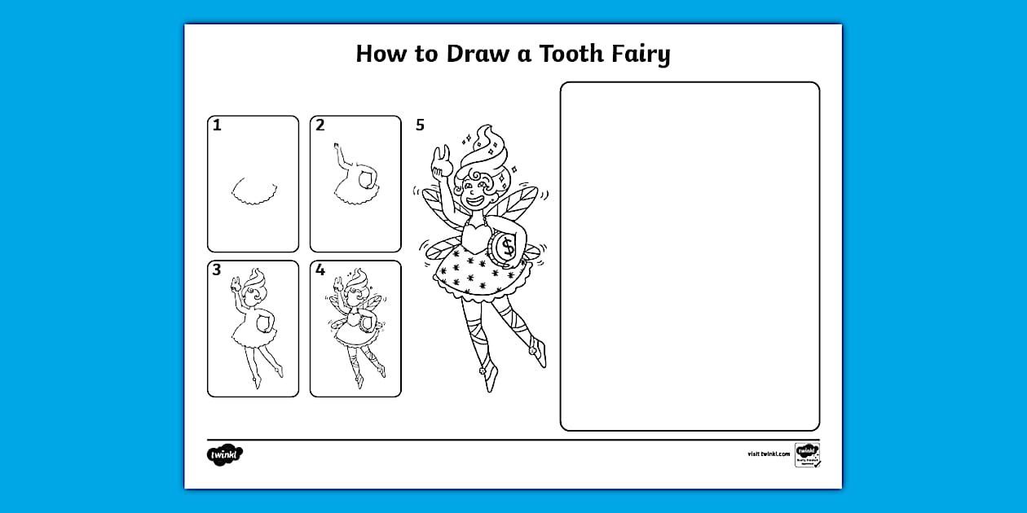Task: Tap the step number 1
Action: click(217, 125)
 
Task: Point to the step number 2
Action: click(320, 125)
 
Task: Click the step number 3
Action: click(217, 270)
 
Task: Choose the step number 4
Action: click(320, 270)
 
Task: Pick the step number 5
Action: click(420, 125)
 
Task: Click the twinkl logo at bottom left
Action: click(225, 454)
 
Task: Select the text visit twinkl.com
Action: click(768, 454)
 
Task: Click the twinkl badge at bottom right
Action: click(807, 454)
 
